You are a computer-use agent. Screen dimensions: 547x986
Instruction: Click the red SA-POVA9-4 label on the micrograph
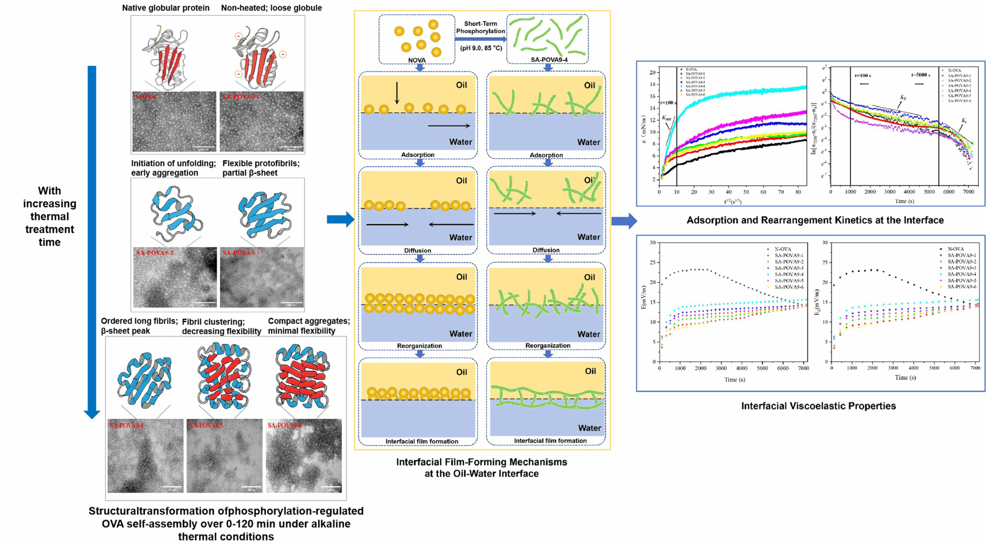coord(126,426)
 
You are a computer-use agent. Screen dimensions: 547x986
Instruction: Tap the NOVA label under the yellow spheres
coord(417,60)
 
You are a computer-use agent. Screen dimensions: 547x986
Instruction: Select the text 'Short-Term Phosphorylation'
coord(480,27)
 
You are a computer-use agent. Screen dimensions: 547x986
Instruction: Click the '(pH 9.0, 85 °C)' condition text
coord(481,48)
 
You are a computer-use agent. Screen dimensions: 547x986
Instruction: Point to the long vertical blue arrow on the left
coord(91,241)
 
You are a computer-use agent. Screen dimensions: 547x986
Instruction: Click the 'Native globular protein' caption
coord(166,8)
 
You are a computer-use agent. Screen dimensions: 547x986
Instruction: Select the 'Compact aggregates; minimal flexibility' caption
coord(309,326)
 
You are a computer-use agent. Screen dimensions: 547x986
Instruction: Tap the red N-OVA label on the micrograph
coord(145,97)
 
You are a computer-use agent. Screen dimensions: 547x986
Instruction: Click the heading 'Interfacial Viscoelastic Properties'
coord(818,406)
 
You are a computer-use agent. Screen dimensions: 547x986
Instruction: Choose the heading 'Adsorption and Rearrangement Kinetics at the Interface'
coord(815,220)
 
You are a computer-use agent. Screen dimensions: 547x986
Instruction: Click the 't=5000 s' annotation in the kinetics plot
coord(921,76)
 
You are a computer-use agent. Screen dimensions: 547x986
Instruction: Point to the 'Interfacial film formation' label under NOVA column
coord(422,441)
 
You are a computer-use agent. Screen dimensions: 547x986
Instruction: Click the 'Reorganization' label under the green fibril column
coord(547,345)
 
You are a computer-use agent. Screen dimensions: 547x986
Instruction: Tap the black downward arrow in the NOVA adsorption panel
coord(397,93)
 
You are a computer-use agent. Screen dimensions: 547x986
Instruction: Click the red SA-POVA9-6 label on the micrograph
coord(285,426)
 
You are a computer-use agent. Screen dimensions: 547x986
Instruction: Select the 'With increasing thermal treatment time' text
coord(50,216)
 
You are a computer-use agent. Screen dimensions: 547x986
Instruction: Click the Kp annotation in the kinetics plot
coord(903,98)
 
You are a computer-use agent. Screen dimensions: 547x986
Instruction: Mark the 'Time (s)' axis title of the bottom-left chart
coord(735,380)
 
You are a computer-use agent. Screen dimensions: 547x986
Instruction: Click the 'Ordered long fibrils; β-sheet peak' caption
coord(139,326)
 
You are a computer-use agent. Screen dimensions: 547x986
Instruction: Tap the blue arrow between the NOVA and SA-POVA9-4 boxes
coord(481,39)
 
